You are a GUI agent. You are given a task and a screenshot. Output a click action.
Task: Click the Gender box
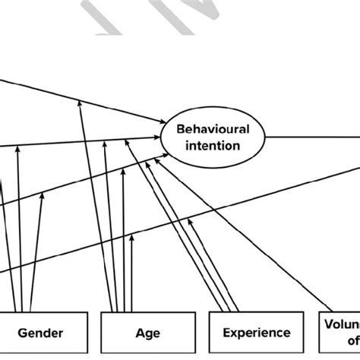[x=40, y=333]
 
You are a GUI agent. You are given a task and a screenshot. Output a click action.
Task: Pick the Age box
[x=148, y=333]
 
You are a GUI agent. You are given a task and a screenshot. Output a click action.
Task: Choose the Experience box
[x=256, y=333]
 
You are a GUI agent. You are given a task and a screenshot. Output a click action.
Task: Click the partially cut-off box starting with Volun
[x=339, y=332]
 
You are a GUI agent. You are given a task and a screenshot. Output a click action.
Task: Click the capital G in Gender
[x=22, y=333]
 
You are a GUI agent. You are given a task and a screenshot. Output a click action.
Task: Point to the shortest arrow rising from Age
[x=131, y=273]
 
